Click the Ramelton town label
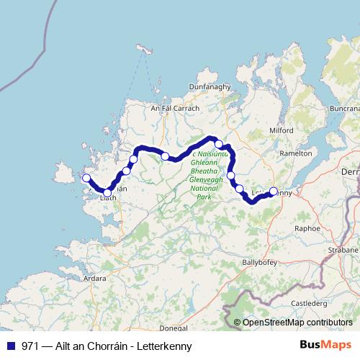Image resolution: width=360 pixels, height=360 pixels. coord(296,153)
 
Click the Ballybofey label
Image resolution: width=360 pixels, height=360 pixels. coord(260,262)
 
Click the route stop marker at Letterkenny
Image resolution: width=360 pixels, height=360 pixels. coord(273,192)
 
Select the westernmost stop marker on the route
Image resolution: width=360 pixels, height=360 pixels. coord(86,178)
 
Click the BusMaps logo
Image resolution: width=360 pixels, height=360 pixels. coord(325,345)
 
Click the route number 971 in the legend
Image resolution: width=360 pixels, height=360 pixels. coord(30,346)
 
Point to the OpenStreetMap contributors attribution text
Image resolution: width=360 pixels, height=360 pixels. coord(297,323)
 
